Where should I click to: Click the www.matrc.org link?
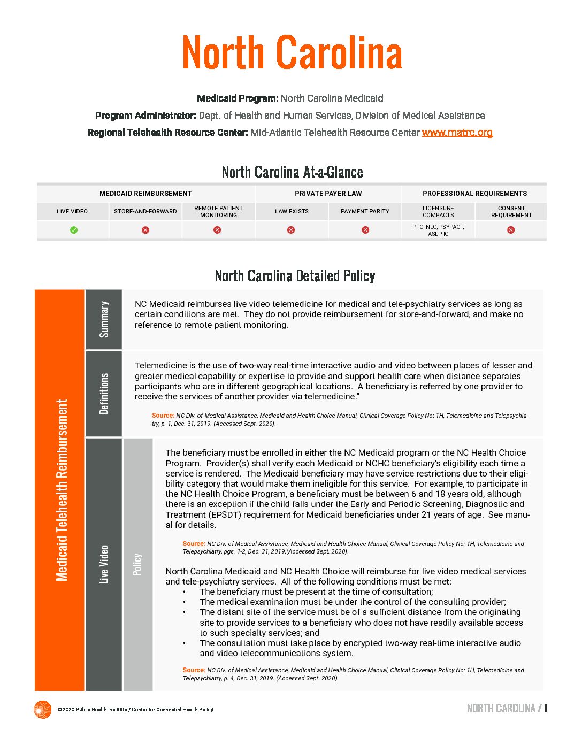457,132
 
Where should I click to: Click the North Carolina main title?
292,53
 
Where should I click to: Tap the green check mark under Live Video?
74,230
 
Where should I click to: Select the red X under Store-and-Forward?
145,230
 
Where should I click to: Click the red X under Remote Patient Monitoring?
217,230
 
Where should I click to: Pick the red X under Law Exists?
291,230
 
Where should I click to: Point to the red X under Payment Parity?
365,230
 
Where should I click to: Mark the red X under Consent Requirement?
511,230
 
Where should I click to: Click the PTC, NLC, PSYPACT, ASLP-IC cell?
438,230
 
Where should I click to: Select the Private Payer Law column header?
328,194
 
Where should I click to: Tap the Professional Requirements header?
474,194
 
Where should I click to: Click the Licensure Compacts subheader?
438,212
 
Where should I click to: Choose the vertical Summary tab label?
104,319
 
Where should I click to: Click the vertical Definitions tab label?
104,394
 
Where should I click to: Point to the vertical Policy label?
137,564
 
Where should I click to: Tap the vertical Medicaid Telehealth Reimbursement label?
62,490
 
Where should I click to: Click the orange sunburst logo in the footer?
42,710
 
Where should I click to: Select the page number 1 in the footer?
546,709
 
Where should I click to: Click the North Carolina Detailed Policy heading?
295,276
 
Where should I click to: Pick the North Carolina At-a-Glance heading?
292,172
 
